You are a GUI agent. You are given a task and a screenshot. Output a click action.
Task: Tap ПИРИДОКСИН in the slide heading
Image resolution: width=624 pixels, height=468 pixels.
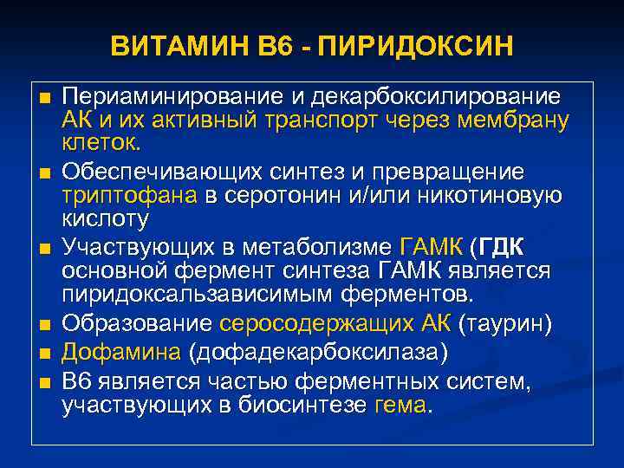(x=415, y=44)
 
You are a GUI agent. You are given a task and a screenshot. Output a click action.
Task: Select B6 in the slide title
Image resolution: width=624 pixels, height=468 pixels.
(x=260, y=44)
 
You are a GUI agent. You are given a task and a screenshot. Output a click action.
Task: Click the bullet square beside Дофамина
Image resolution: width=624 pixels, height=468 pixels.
(x=44, y=354)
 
